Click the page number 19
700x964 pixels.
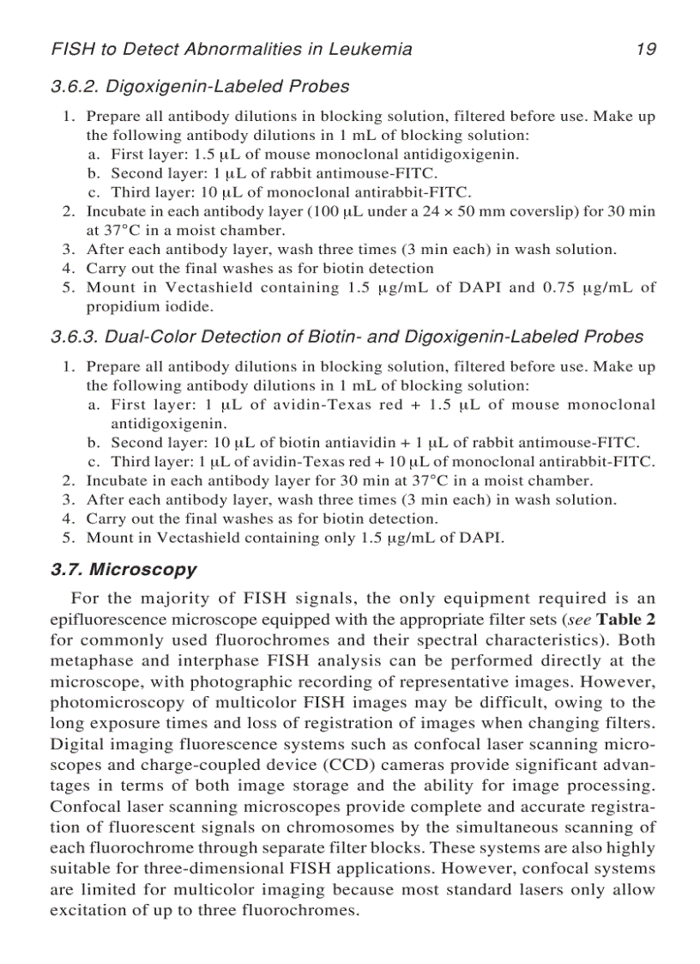point(646,49)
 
